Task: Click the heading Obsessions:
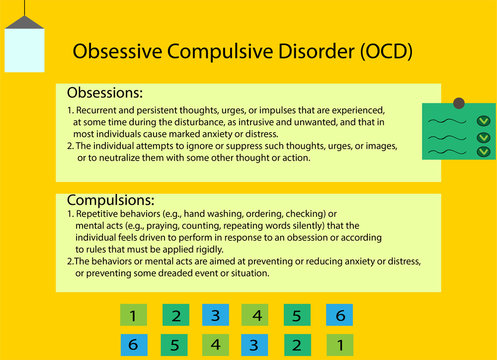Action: pos(106,92)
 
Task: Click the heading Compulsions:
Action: pos(110,200)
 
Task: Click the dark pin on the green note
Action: pos(459,102)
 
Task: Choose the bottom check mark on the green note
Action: pos(483,152)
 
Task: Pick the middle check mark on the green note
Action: pos(483,137)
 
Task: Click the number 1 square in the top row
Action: pos(134,316)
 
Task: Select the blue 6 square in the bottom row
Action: pos(134,345)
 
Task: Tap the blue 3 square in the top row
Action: pos(216,316)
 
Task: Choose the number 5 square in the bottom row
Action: pos(175,345)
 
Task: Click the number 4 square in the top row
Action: pos(257,316)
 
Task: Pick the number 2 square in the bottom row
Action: pos(298,345)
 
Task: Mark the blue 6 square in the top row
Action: pos(340,316)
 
